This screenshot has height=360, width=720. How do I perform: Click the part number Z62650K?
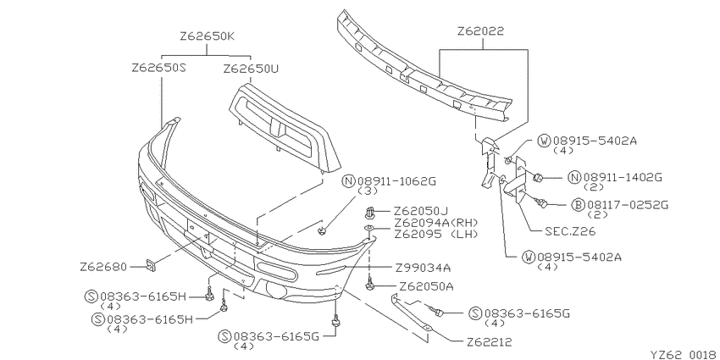(207, 36)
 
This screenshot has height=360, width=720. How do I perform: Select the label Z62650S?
(159, 68)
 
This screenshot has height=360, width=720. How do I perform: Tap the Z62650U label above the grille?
(252, 69)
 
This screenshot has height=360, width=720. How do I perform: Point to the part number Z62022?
(481, 31)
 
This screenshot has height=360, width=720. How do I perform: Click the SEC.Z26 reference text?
(570, 231)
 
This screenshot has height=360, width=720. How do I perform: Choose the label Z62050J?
(420, 211)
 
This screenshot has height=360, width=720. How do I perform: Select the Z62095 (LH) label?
(435, 234)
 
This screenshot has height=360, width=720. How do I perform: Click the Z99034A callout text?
(423, 267)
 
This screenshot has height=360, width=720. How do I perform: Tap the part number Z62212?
(489, 341)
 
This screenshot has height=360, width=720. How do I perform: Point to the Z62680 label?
(103, 267)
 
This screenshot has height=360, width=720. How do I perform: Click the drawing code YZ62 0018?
(684, 354)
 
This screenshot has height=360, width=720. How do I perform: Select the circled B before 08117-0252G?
(577, 204)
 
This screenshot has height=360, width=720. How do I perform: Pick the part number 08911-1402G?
(623, 177)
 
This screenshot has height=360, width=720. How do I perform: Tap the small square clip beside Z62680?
(150, 265)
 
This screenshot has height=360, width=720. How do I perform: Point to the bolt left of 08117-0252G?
(542, 202)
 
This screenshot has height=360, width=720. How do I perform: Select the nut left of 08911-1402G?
(538, 176)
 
